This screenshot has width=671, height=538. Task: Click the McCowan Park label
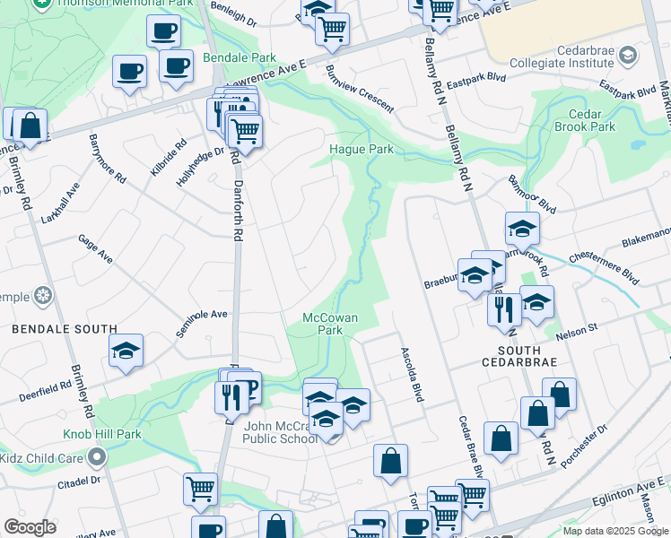tap(323, 324)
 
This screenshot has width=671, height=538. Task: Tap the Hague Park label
tap(362, 149)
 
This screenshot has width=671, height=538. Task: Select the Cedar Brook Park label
tap(591, 120)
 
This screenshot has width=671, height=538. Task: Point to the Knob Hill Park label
tap(102, 434)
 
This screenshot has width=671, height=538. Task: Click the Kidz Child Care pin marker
tap(98, 458)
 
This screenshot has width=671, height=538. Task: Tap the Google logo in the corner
tap(30, 526)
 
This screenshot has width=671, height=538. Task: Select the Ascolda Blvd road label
tap(411, 373)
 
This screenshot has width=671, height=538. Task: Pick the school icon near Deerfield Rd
tap(126, 351)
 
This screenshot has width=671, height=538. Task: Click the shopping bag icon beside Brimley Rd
tap(30, 126)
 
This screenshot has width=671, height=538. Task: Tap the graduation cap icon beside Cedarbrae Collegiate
tap(627, 56)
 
